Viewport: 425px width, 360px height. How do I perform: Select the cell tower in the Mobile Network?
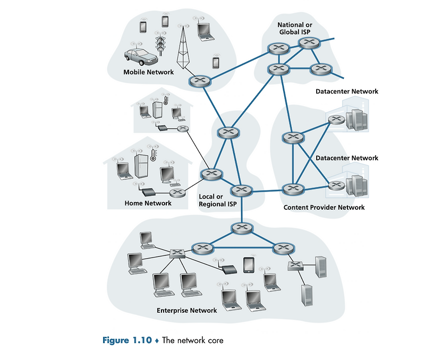tap(183, 48)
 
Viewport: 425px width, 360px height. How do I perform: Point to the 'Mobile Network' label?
tap(148, 72)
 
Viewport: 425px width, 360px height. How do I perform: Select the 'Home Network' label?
tap(148, 203)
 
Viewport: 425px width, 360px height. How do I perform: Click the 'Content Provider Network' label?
tap(324, 207)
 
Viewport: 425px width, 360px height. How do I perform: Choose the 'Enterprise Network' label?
tap(186, 310)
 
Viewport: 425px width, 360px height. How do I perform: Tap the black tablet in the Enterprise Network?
tap(248, 265)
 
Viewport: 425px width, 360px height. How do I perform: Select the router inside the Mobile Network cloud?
tap(199, 81)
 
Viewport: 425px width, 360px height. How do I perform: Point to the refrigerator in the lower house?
tap(141, 166)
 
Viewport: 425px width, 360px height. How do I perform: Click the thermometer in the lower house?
tap(153, 155)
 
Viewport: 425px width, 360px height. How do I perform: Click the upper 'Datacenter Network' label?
tap(346, 91)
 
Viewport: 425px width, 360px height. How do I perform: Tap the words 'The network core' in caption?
tap(193, 340)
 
